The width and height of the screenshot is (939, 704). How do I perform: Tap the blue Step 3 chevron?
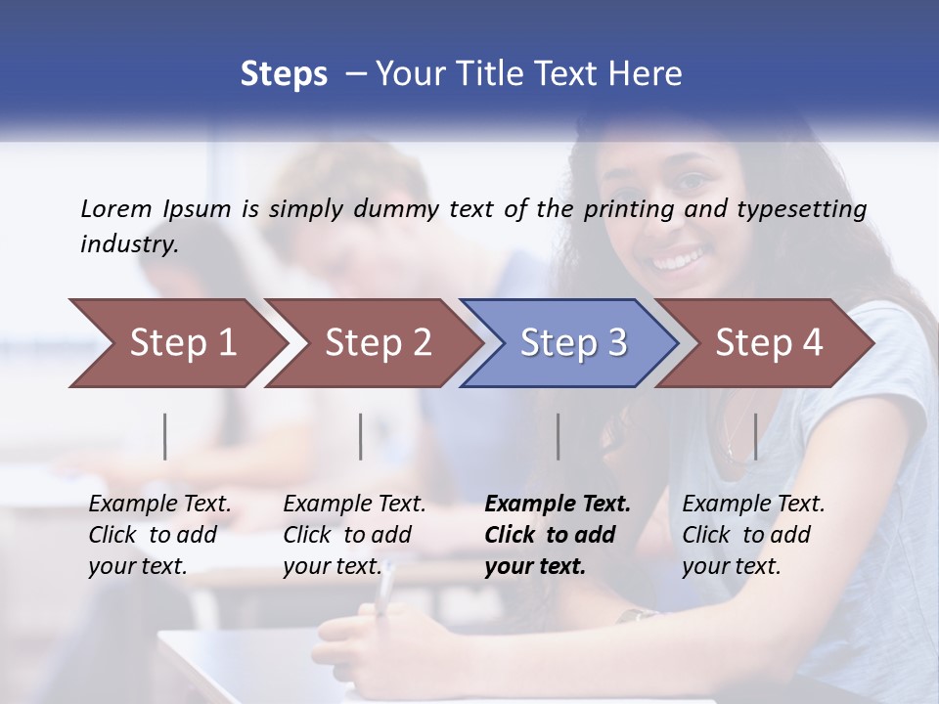(573, 342)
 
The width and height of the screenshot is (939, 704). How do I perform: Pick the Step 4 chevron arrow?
(769, 342)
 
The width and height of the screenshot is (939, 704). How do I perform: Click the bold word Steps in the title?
(284, 74)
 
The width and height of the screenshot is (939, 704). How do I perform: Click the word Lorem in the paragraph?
(116, 208)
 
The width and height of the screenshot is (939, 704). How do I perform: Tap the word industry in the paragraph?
(128, 244)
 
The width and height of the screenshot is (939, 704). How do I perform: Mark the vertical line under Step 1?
(165, 436)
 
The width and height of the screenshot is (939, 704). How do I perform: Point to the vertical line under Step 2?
(361, 436)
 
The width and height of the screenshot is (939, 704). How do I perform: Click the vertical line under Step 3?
(559, 436)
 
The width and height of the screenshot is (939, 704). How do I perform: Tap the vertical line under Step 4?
(756, 436)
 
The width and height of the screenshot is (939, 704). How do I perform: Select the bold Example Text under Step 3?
(558, 535)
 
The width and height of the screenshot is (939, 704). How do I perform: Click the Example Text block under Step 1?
(159, 535)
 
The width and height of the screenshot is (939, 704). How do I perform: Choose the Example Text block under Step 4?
(753, 535)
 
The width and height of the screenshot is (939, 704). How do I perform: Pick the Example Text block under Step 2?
(354, 535)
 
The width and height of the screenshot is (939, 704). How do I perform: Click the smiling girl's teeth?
(678, 261)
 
